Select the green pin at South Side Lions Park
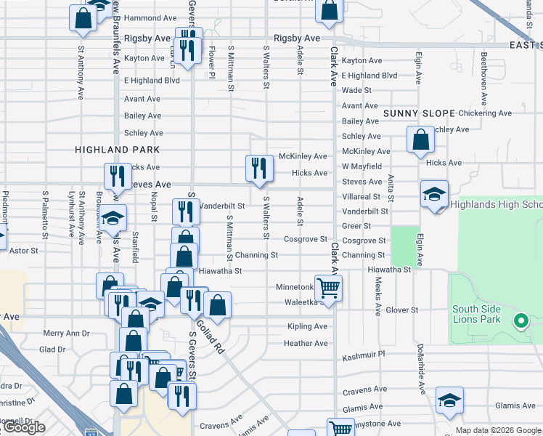520,320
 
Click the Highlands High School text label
497,205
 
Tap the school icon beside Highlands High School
435,195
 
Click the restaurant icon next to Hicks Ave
258,169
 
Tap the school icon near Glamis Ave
449,400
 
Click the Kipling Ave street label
307,326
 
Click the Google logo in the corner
23,427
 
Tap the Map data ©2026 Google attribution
497,430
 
